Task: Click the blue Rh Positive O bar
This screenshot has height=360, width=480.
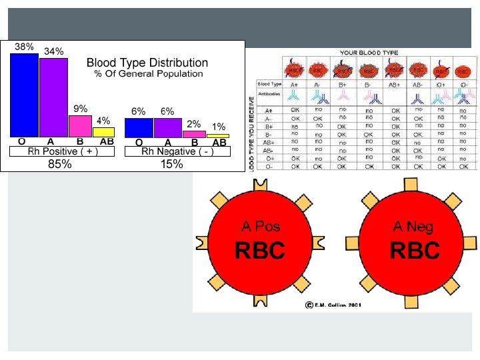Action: (x=24, y=95)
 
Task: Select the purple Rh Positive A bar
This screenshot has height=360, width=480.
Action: (x=53, y=98)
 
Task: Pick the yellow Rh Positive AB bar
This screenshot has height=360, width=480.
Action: (x=103, y=132)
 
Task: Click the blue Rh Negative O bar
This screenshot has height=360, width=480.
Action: (x=139, y=127)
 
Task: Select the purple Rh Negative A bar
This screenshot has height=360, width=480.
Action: (x=167, y=127)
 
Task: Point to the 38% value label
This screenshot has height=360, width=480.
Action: (x=25, y=47)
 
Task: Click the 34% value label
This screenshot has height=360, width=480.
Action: (x=54, y=51)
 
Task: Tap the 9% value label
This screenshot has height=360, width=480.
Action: (x=80, y=109)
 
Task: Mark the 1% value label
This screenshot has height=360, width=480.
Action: (x=218, y=127)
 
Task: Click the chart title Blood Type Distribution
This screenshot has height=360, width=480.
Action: (x=147, y=63)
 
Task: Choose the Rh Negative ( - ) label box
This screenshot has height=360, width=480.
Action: (x=177, y=151)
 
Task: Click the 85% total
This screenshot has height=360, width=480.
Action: (x=60, y=164)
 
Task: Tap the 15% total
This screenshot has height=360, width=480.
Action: (x=171, y=164)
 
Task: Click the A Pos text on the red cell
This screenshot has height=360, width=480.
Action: (x=259, y=227)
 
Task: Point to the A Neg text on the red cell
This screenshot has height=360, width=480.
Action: (x=413, y=227)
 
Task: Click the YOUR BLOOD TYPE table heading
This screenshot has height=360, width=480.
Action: (x=369, y=52)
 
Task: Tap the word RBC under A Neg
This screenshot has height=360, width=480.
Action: (x=414, y=251)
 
